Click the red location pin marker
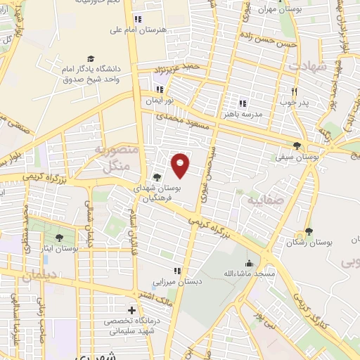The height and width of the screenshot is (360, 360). point(181,166)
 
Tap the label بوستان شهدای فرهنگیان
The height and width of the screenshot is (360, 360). point(157,194)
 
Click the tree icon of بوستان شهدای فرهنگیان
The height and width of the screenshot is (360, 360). point(157,178)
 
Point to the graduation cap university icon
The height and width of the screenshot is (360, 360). point(91,58)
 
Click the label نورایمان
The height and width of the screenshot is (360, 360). point(158,101)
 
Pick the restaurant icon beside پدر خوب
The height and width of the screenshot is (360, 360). point(295,91)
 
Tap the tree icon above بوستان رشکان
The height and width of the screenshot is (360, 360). point(308,231)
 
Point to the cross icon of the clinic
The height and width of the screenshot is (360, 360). point(131,310)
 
